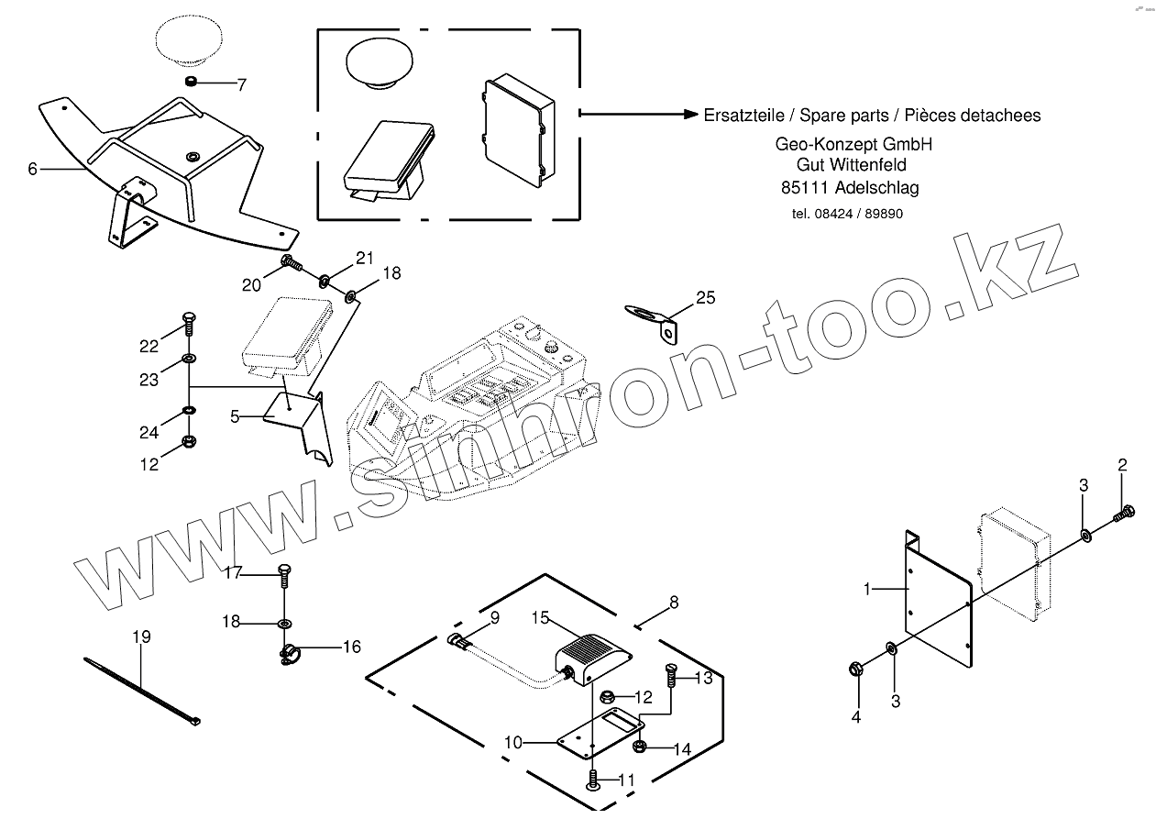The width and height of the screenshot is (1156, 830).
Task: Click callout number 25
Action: [705, 297]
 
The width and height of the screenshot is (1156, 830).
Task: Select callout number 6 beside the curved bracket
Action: [33, 169]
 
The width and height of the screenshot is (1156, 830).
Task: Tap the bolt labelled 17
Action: [284, 576]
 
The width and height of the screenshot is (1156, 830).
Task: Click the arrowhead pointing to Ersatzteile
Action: [692, 114]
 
